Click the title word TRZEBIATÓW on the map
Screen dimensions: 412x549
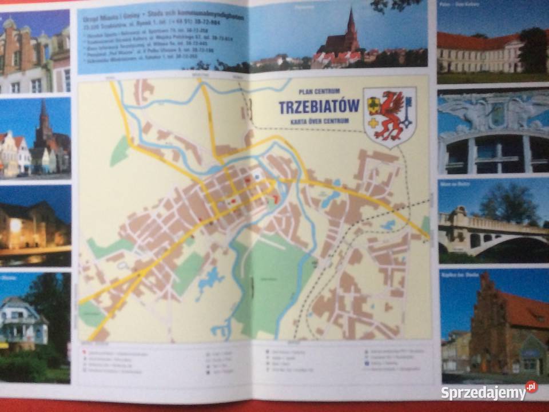coord(319,106)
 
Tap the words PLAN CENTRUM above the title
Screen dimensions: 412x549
coord(319,91)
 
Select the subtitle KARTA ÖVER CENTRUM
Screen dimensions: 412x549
coord(319,120)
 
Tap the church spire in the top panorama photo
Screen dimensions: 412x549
coord(351,26)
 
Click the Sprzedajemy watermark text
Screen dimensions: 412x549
coord(483,393)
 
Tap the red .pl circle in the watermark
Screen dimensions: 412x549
coord(531,387)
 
